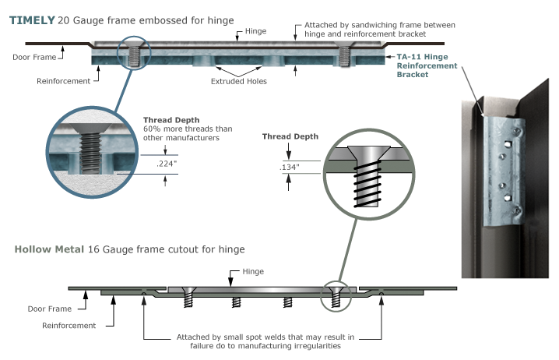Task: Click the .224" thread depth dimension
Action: coord(155,164)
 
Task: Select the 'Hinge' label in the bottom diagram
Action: coord(254,271)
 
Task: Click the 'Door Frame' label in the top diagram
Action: coord(34,57)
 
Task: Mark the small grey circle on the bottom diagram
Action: coord(336,294)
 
